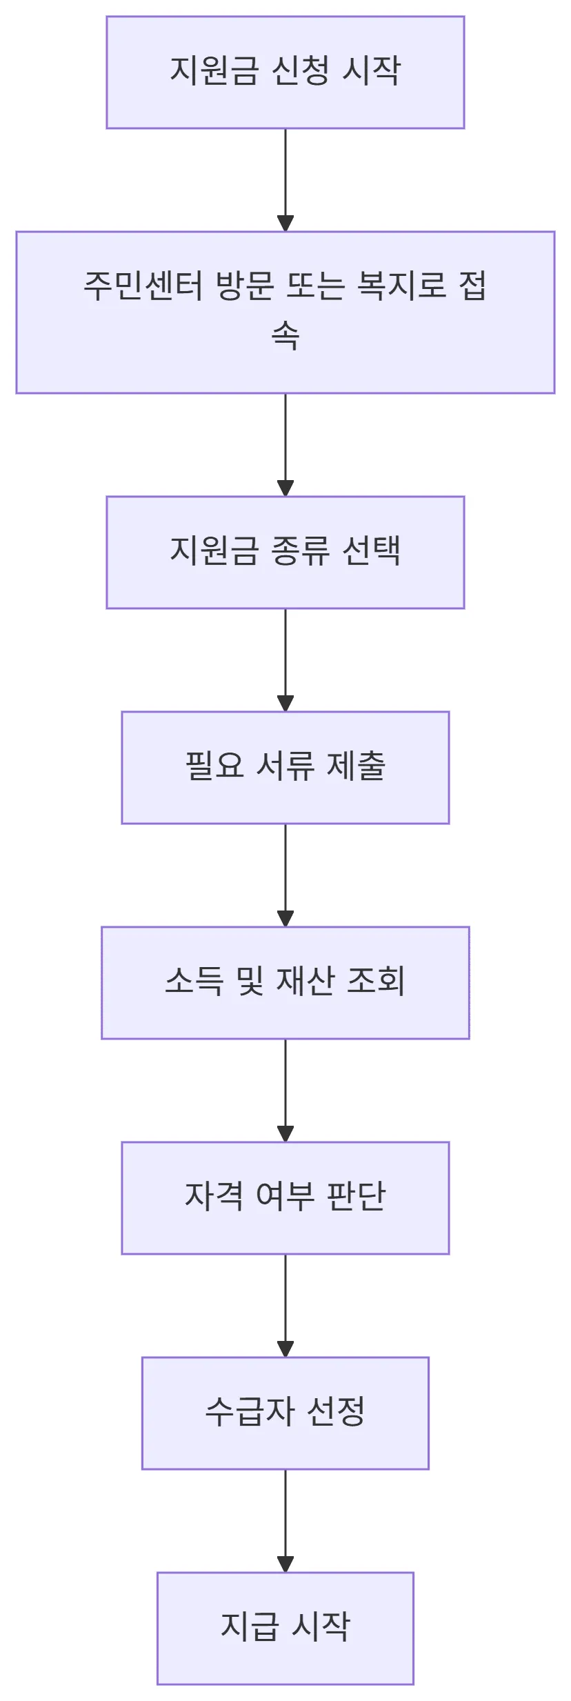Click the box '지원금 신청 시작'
285,72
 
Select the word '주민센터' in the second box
143,286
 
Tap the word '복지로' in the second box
402,286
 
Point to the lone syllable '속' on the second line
285,337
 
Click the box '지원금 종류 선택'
285,552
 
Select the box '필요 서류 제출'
285,767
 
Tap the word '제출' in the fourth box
356,766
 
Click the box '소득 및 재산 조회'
285,982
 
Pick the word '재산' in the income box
305,981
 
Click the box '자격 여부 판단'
285,1197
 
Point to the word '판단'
356,1196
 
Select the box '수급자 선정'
285,1413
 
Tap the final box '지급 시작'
285,1628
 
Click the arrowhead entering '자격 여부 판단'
285,1134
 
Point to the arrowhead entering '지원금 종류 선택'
285,488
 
